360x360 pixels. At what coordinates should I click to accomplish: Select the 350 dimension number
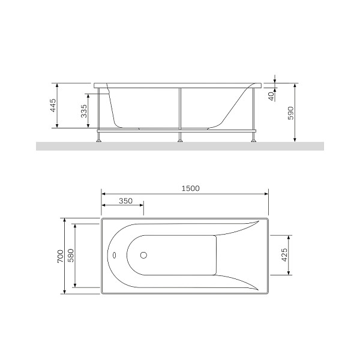125,200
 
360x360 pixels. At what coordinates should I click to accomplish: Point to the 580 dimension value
71,256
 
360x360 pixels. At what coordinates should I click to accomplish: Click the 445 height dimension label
53,106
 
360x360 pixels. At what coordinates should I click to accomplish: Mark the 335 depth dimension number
84,111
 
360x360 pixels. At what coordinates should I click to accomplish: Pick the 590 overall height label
290,113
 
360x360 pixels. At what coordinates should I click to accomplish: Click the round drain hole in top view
143,255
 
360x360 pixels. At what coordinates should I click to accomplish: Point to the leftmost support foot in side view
98,139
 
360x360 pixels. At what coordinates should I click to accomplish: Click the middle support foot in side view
179,139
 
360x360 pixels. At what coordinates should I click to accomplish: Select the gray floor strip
180,146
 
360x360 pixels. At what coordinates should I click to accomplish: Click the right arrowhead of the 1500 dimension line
266,194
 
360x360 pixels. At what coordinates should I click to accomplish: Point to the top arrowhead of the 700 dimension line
64,220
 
